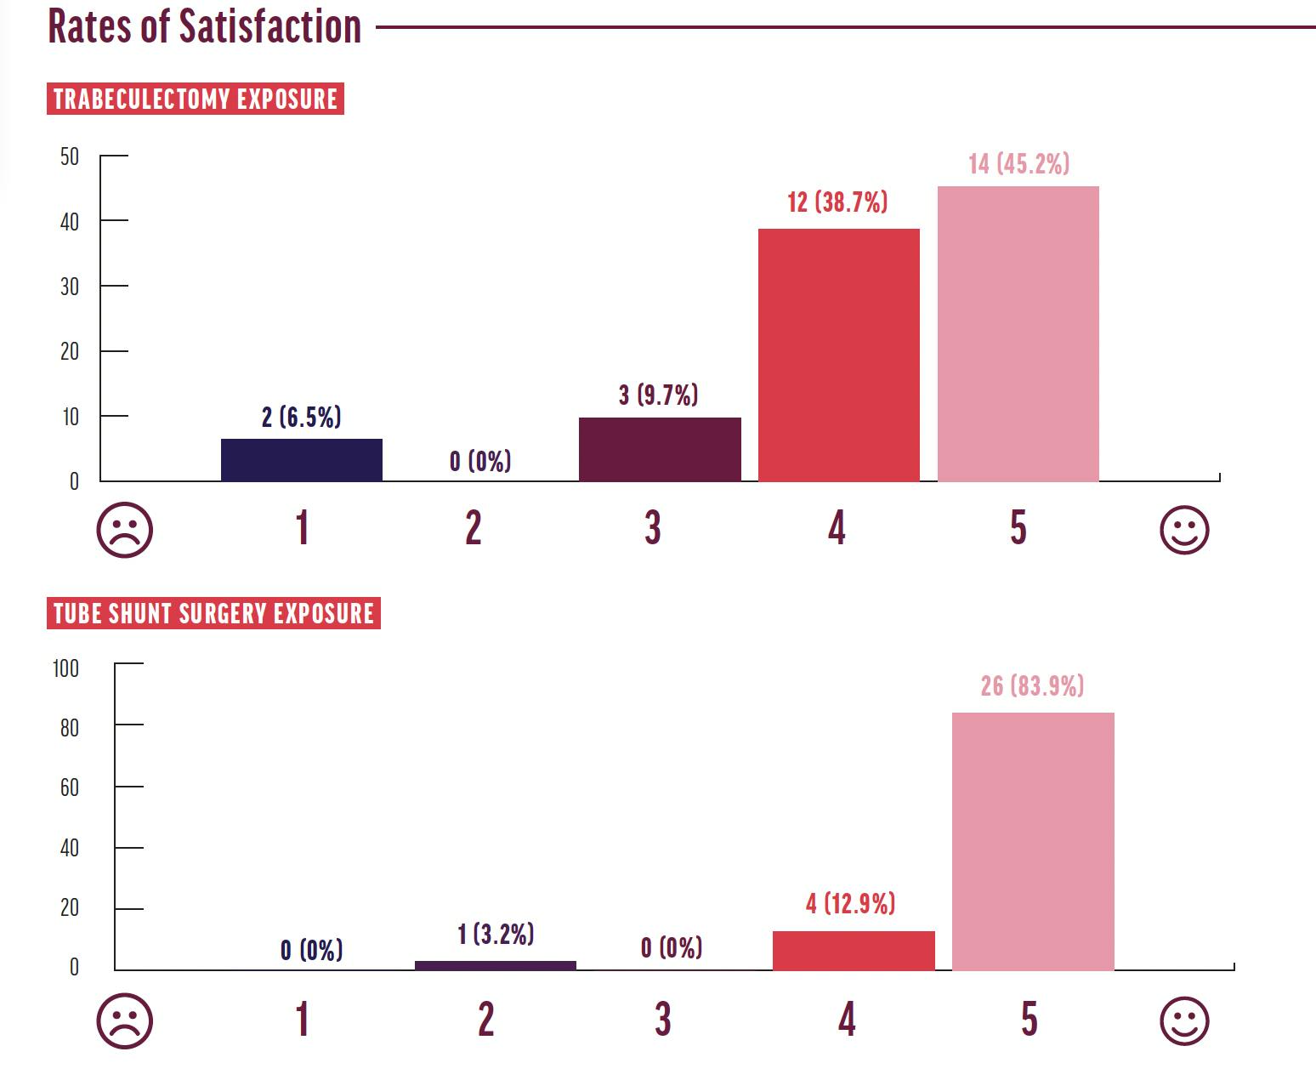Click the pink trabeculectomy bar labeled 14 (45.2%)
(x=1018, y=333)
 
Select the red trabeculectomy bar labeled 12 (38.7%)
(x=838, y=355)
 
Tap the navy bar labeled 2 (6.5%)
(x=301, y=460)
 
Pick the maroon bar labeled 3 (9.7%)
(x=660, y=449)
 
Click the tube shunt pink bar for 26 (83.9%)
(x=1032, y=841)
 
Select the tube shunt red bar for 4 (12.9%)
(x=853, y=951)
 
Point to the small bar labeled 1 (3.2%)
(x=495, y=965)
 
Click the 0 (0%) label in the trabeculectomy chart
(x=480, y=462)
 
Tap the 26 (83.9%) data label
(x=1032, y=685)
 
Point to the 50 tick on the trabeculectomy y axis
(x=70, y=156)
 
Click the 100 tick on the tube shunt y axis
(x=65, y=668)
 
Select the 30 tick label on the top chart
(x=70, y=287)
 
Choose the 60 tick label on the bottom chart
(x=70, y=787)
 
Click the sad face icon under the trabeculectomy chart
(x=125, y=530)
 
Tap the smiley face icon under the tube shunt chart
(x=1183, y=1020)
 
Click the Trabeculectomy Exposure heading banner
(x=196, y=99)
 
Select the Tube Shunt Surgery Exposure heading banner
(x=213, y=613)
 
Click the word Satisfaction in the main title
(x=269, y=26)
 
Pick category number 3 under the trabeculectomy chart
(x=652, y=528)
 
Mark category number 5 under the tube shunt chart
(x=1029, y=1019)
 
